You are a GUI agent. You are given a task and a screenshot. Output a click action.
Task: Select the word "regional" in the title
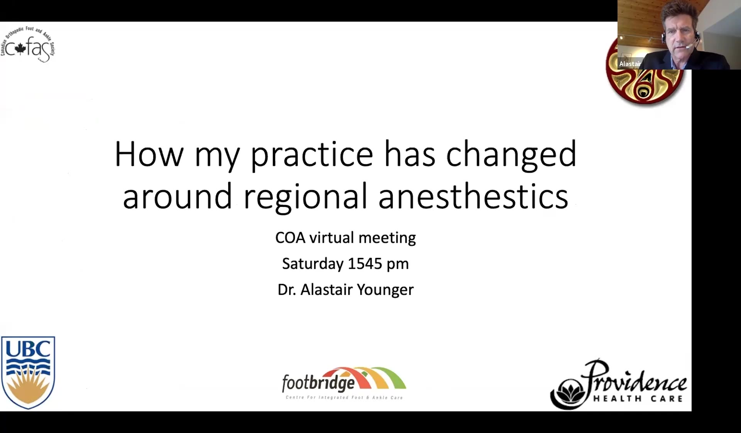pyautogui.click(x=305, y=197)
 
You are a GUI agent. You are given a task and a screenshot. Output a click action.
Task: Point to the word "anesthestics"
pyautogui.click(x=473, y=196)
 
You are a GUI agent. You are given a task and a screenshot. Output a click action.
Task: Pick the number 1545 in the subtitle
pyautogui.click(x=365, y=264)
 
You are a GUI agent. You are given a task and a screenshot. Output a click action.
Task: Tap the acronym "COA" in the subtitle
pyautogui.click(x=290, y=238)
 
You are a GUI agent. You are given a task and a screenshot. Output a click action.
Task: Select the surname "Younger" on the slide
pyautogui.click(x=385, y=290)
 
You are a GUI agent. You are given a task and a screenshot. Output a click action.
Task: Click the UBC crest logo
pyautogui.click(x=28, y=372)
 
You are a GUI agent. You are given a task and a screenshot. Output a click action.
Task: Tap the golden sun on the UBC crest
pyautogui.click(x=28, y=387)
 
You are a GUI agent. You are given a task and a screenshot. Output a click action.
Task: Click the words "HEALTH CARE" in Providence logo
pyautogui.click(x=638, y=399)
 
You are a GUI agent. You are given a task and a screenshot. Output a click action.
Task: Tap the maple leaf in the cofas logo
pyautogui.click(x=20, y=49)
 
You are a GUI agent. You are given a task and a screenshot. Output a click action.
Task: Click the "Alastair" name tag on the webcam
pyautogui.click(x=630, y=64)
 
